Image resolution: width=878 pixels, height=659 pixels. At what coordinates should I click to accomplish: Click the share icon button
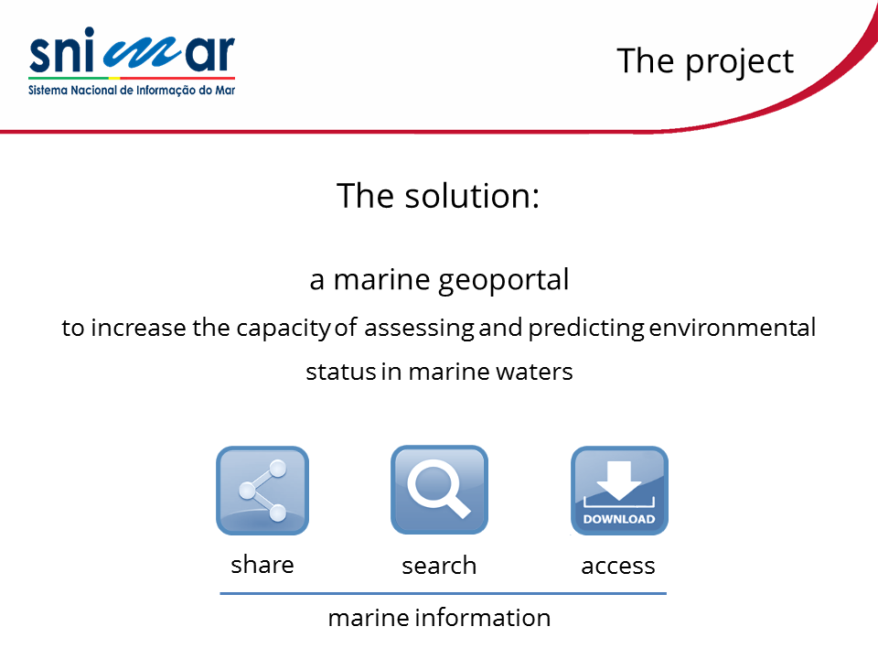[262, 491]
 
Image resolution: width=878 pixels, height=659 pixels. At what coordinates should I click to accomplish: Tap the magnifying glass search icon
[439, 490]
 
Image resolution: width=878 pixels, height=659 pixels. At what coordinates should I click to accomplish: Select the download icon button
[619, 491]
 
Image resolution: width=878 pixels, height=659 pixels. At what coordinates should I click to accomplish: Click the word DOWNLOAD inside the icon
[619, 519]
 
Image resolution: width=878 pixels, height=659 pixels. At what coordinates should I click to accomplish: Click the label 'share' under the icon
[262, 565]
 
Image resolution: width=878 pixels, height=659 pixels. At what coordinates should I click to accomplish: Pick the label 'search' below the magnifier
[439, 565]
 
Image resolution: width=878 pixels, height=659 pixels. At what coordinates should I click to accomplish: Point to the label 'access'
[618, 566]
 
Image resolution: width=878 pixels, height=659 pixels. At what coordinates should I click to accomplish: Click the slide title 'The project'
[705, 61]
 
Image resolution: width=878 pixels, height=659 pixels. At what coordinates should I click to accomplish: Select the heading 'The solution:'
[438, 196]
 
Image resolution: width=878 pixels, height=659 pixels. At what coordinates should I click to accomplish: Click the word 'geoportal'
[503, 280]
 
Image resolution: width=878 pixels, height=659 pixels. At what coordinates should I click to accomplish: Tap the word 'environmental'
[732, 328]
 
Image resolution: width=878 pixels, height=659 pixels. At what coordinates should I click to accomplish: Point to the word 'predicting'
[586, 329]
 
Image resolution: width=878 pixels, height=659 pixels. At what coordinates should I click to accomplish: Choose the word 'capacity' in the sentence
[284, 329]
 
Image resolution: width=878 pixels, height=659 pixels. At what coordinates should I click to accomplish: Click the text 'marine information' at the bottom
[439, 618]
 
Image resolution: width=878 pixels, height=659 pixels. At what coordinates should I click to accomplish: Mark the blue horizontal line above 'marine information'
[443, 593]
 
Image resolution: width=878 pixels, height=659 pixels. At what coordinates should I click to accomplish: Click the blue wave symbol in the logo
[143, 54]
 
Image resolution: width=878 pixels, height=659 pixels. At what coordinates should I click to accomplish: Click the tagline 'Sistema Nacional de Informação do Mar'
[132, 91]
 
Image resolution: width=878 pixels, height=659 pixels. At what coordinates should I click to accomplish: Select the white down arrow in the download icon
[619, 481]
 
